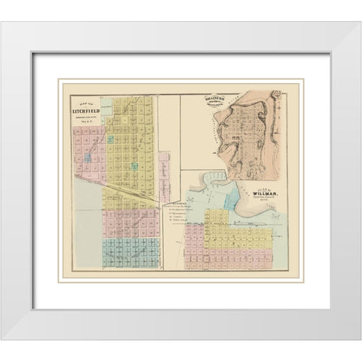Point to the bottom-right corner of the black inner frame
330,310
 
